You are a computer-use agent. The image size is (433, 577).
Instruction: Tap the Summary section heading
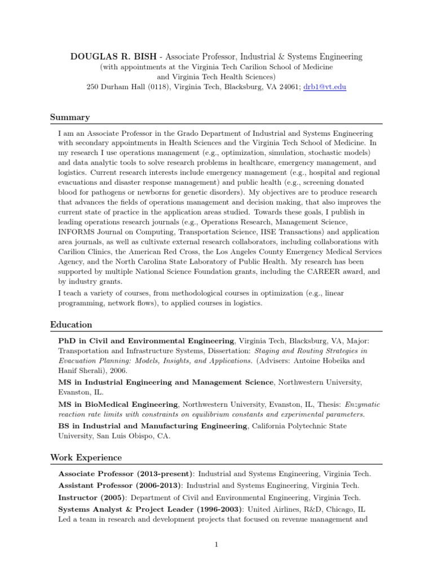70,117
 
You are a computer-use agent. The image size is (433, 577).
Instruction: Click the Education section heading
71,325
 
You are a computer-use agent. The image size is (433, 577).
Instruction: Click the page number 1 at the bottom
216,544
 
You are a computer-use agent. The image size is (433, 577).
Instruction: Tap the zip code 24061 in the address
288,87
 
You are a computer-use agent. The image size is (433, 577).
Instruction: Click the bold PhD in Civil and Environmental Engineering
147,341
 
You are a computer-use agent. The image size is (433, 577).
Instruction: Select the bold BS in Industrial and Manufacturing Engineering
153,425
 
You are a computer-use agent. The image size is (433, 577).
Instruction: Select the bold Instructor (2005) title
92,498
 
